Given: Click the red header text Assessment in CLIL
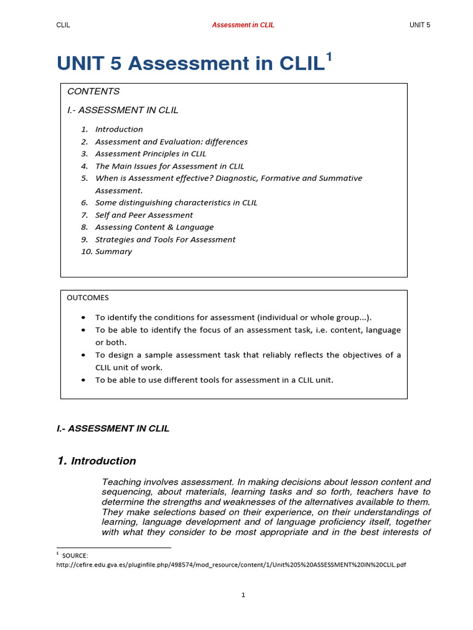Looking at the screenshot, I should tap(243, 25).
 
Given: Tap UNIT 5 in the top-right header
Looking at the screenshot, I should tap(420, 25).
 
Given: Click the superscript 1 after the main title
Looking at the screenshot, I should tap(329, 57).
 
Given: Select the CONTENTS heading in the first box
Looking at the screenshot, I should tap(93, 91).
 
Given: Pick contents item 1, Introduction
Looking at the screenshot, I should tap(119, 129).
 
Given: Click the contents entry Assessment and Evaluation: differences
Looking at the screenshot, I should tap(171, 142).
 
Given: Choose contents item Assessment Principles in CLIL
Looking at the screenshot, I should tap(151, 154).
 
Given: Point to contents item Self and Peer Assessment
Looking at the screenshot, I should tap(144, 215).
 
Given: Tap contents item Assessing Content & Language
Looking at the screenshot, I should tap(154, 227).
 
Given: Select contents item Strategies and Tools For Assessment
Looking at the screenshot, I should tap(165, 239).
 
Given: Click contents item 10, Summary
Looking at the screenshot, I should tap(113, 252).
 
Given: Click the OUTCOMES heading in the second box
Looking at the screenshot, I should tap(87, 298).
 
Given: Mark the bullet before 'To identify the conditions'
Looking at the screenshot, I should tap(83, 318).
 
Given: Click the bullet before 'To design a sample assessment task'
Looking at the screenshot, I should tap(83, 356).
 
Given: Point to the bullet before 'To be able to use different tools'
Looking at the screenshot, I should tap(83, 380).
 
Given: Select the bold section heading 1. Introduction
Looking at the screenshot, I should tap(97, 461).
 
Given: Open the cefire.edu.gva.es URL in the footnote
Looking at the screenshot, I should tap(231, 565).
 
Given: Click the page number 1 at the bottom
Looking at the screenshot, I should tap(243, 595).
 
